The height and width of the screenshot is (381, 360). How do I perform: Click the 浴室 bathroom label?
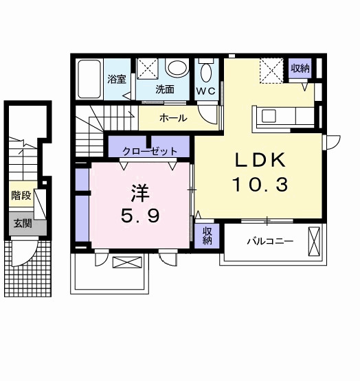(117, 79)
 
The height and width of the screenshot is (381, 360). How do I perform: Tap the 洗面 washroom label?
(164, 89)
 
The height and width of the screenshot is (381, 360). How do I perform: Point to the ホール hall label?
(173, 118)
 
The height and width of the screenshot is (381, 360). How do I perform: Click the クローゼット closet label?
(150, 151)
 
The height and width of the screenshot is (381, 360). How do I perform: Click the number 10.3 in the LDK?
(260, 184)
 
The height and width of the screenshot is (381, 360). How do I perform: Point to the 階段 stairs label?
(21, 196)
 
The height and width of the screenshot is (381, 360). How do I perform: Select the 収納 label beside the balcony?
(207, 237)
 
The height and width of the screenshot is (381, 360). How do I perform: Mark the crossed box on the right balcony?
(315, 242)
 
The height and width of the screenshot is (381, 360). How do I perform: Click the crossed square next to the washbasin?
(148, 69)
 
